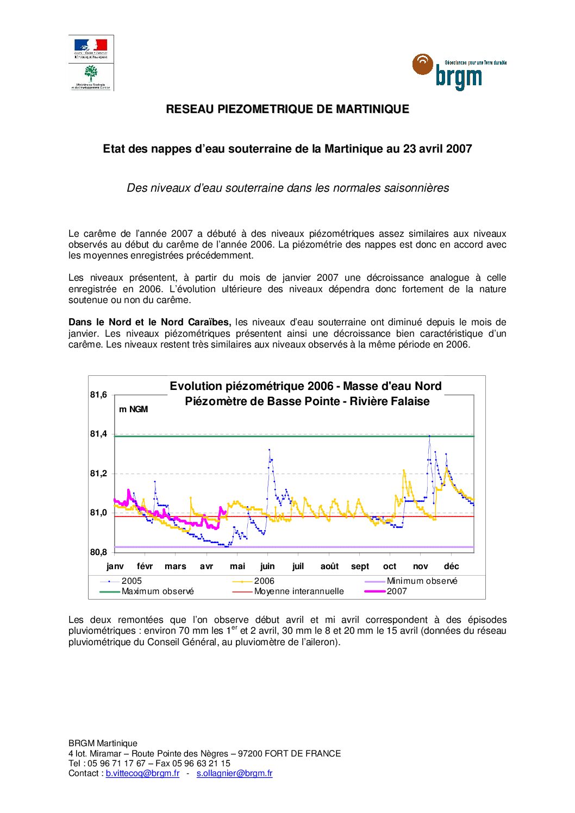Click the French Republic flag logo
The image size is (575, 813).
click(x=91, y=48)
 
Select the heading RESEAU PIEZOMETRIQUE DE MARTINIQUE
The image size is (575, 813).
click(x=287, y=109)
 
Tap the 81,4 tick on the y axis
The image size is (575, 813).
click(x=98, y=434)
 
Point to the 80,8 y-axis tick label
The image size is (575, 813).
click(x=98, y=552)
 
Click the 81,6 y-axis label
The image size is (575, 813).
click(x=98, y=395)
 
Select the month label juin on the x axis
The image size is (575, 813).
click(x=267, y=566)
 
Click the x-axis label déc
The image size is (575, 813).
click(x=451, y=566)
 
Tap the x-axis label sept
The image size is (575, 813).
click(x=360, y=566)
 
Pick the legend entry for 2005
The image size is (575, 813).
click(x=132, y=581)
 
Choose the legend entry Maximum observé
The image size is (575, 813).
click(x=158, y=591)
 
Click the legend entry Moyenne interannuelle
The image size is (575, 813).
click(x=299, y=591)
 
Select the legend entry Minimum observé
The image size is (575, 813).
click(x=422, y=581)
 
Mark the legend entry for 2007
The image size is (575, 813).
click(x=397, y=591)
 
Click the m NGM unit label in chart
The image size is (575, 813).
click(x=133, y=409)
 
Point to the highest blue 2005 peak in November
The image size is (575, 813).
click(x=429, y=436)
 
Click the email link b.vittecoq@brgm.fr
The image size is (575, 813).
click(x=142, y=773)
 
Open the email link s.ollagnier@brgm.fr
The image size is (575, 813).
click(x=234, y=773)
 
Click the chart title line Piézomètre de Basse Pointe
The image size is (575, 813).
click(x=307, y=402)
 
